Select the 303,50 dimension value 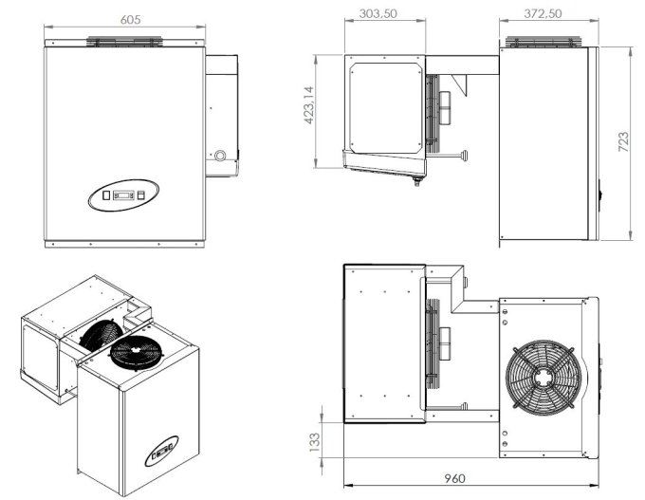(377, 14)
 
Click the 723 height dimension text (624, 142)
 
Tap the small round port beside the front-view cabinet (220, 155)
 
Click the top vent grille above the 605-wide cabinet (125, 43)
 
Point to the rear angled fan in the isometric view (100, 333)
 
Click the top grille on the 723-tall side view (544, 43)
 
